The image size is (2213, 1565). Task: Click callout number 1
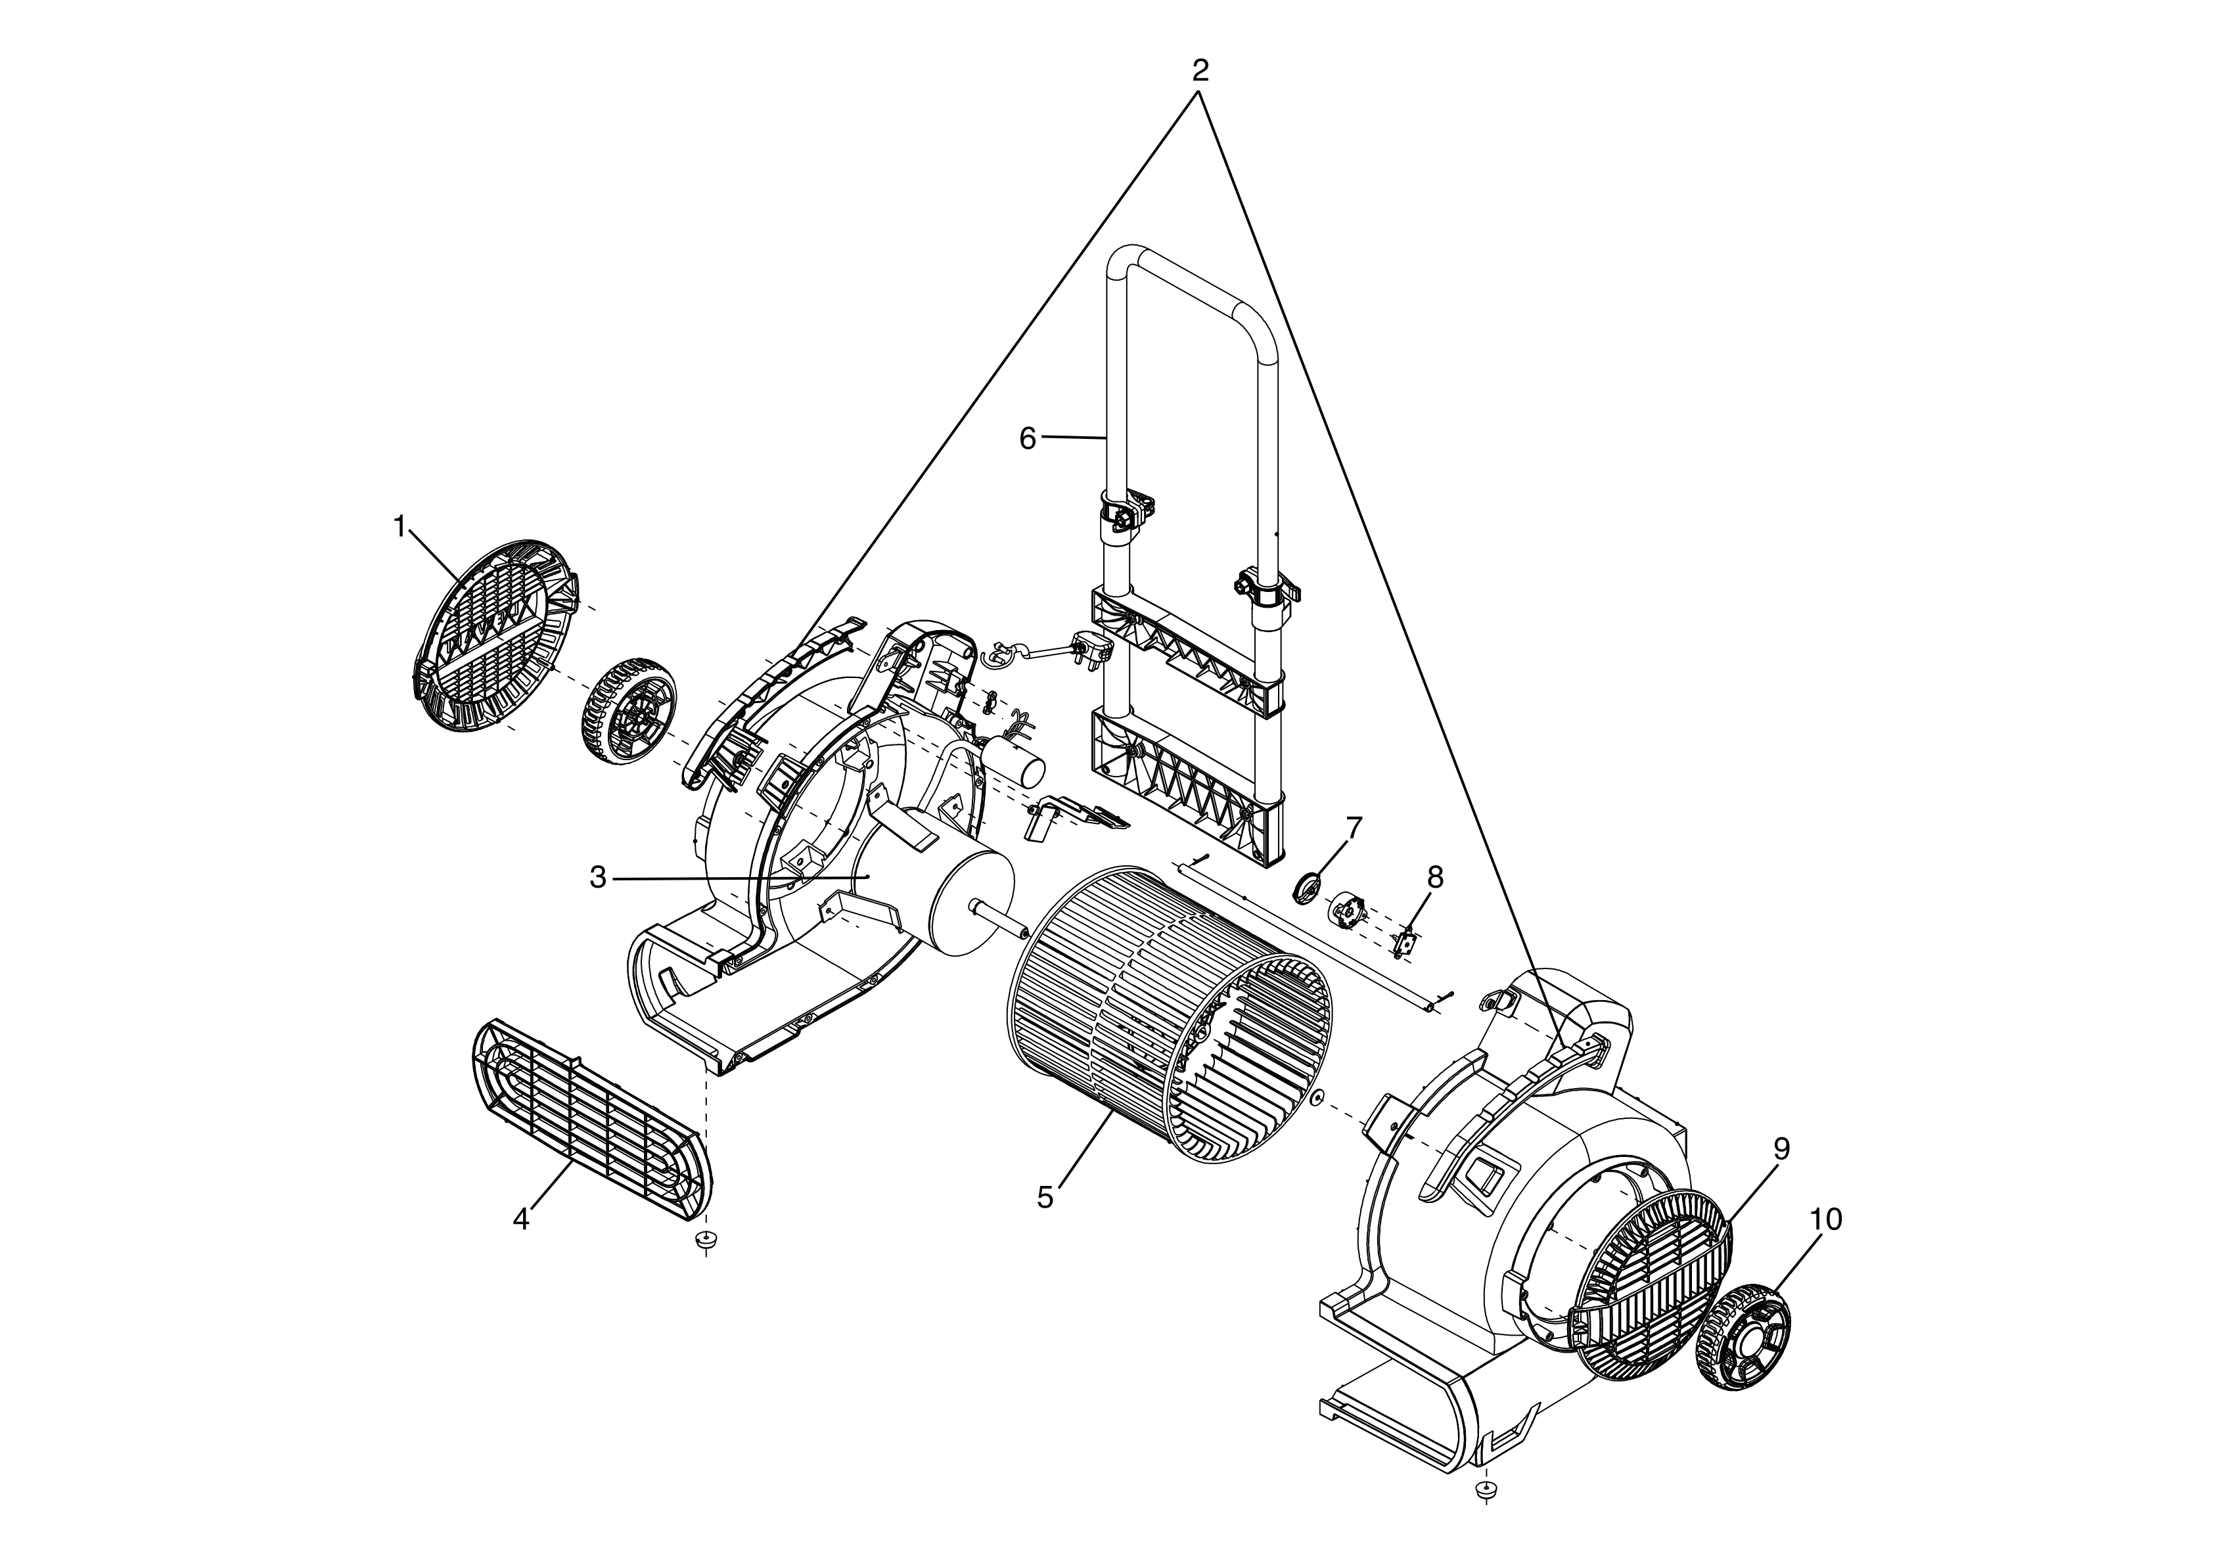click(399, 526)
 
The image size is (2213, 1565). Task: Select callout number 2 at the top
click(1200, 70)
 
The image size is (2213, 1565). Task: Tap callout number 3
click(597, 878)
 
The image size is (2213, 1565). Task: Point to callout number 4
click(520, 1219)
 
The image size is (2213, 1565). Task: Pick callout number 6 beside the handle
click(1028, 438)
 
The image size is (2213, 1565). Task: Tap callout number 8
click(1435, 877)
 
